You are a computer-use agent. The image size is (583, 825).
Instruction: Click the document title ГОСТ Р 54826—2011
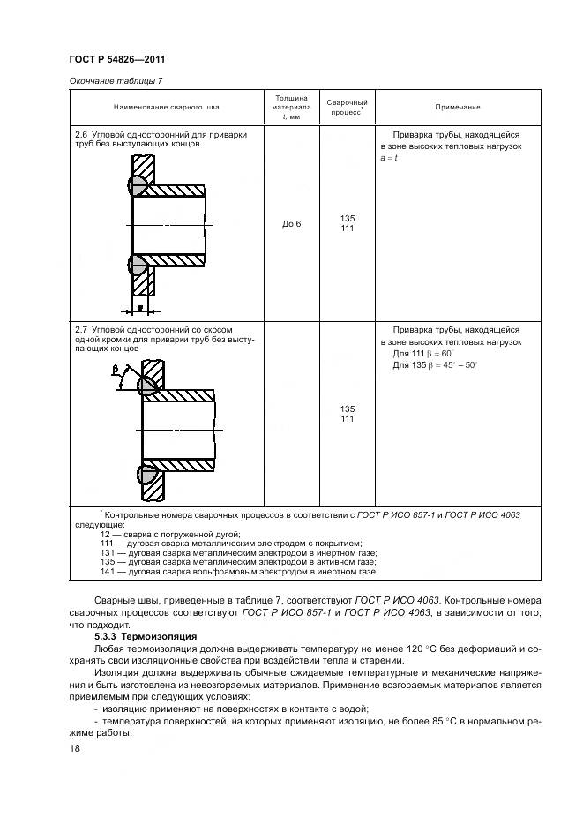click(117, 59)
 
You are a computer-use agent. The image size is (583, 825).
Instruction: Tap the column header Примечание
click(457, 107)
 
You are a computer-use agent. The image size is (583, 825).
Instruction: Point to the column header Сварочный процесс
click(347, 107)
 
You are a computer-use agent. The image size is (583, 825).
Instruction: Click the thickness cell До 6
click(291, 224)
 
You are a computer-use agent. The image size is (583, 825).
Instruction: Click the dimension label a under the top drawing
click(140, 302)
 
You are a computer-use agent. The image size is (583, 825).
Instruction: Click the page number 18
click(74, 747)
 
